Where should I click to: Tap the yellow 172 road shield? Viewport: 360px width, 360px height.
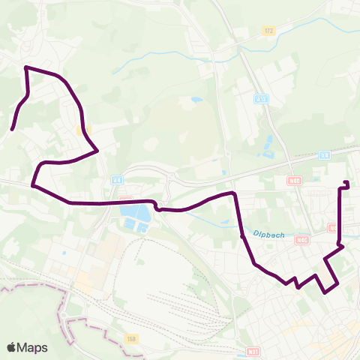(x=268, y=31)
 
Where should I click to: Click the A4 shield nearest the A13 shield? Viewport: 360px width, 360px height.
(x=324, y=155)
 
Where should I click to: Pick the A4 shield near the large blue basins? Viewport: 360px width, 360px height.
(x=117, y=180)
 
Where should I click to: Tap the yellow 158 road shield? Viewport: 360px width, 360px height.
(x=132, y=339)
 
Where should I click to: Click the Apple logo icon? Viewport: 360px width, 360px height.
(x=13, y=347)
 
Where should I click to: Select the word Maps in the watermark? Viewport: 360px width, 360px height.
(x=32, y=347)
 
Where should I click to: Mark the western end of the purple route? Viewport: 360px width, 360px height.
(x=12, y=130)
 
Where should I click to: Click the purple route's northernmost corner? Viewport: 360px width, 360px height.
(x=26, y=67)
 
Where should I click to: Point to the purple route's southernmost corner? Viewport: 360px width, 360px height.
(x=326, y=292)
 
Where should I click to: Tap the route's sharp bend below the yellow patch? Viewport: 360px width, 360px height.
(x=97, y=151)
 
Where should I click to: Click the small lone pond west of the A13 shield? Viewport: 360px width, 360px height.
(x=196, y=99)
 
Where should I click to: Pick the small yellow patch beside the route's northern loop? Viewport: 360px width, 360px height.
(x=82, y=130)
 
